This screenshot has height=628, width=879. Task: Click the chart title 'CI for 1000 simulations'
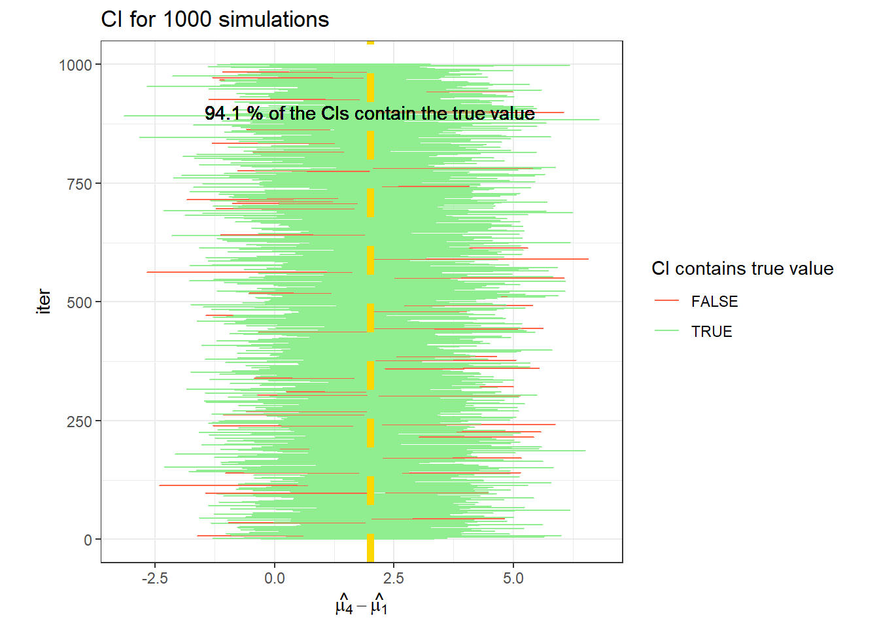(215, 20)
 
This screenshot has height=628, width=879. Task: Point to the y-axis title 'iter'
(44, 302)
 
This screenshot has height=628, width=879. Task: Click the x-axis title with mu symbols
(361, 605)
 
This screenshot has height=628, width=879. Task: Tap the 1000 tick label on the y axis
(75, 65)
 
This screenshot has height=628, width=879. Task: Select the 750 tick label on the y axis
(79, 184)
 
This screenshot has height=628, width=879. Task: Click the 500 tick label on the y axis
(79, 302)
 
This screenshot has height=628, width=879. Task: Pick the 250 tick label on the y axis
(79, 421)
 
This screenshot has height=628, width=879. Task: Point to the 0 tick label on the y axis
(88, 540)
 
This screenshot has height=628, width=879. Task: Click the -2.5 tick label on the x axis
(154, 578)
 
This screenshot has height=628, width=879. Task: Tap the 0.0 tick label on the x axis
(274, 578)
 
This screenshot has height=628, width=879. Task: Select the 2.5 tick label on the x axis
(394, 578)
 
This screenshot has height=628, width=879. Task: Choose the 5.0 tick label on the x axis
(513, 578)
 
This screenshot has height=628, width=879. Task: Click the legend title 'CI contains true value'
(742, 269)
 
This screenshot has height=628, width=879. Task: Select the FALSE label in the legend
(714, 302)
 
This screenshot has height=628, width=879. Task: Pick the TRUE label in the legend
(712, 332)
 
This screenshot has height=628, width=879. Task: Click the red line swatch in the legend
(667, 301)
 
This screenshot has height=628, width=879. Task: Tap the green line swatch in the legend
(667, 331)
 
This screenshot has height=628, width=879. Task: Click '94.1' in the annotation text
(223, 114)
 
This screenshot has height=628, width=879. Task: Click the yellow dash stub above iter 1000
(370, 43)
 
